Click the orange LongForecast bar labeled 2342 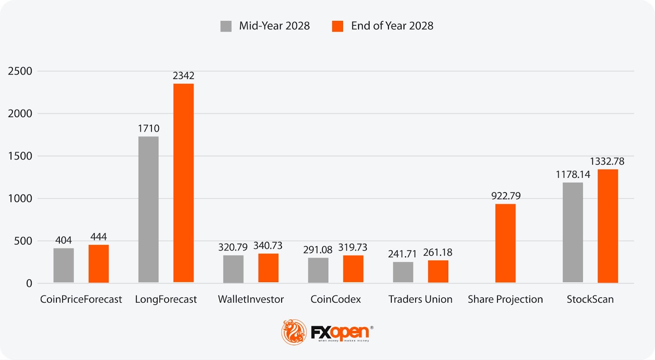pos(183,183)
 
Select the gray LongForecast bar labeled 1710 pos(148,209)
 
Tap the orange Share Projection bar pos(505,243)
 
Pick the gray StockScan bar pos(573,232)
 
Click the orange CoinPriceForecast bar pos(99,263)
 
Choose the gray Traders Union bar pos(403,272)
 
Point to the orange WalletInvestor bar pos(268,268)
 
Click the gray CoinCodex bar pos(318,270)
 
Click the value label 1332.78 pos(607,161)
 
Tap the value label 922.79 pos(506,196)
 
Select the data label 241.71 pos(402,254)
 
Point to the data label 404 pos(63,240)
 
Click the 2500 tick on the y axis pos(20,71)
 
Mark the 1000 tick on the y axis pos(20,199)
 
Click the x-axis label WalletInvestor pos(251,299)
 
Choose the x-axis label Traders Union pos(420,299)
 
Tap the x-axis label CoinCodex pos(336,299)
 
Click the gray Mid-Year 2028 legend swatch pos(226,26)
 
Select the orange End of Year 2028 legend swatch pos(337,26)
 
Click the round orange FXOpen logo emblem pos(294,332)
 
